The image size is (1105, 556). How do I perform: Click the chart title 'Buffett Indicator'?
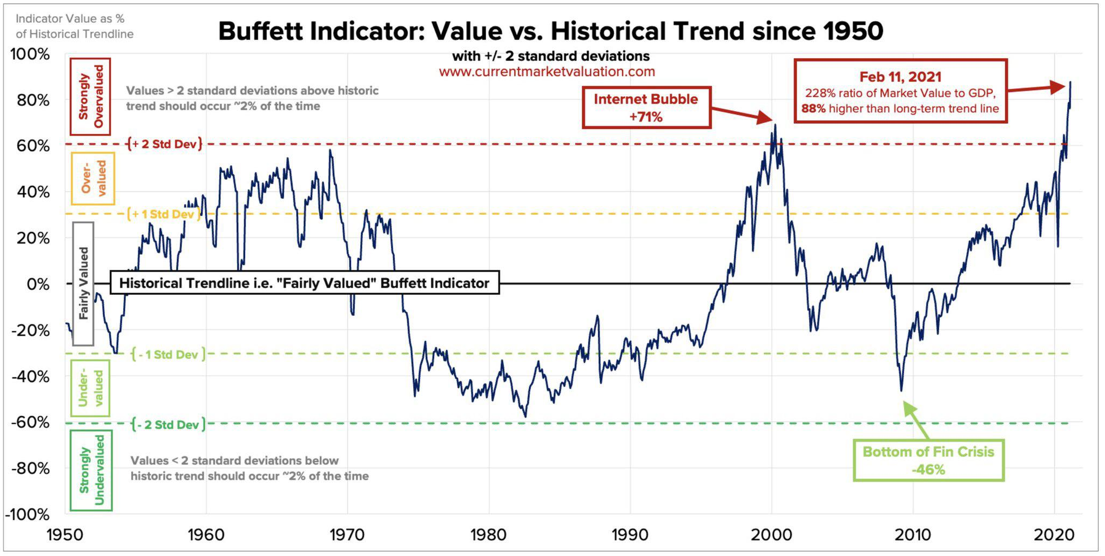click(550, 31)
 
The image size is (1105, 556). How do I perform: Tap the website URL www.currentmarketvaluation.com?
click(547, 72)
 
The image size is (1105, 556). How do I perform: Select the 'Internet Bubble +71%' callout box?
click(646, 108)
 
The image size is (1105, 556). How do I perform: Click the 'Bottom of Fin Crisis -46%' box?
click(928, 460)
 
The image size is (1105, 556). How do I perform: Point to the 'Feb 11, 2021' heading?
click(900, 77)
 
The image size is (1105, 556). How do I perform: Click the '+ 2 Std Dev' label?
click(164, 144)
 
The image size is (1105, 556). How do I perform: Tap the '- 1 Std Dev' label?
click(168, 355)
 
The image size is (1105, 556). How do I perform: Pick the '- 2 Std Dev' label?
click(168, 425)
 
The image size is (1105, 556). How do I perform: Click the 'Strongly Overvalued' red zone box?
click(90, 97)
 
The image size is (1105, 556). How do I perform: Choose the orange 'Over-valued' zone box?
click(93, 179)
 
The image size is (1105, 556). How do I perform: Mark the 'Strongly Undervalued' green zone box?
click(91, 470)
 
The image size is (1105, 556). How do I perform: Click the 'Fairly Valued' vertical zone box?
click(83, 283)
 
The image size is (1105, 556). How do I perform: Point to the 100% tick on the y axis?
click(30, 55)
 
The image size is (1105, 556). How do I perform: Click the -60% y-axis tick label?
click(30, 422)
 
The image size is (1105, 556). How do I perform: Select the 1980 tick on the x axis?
click(488, 535)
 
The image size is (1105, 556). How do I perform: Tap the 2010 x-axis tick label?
click(913, 535)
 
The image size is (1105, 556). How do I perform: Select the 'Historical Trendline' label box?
click(304, 283)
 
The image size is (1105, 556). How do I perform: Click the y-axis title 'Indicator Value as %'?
click(70, 19)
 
